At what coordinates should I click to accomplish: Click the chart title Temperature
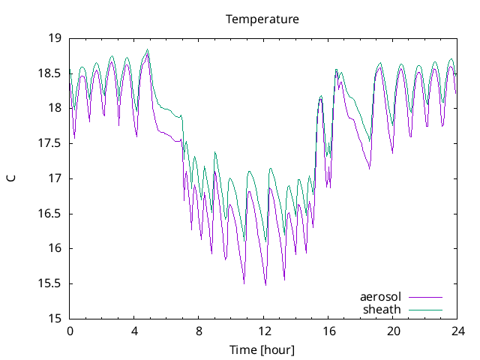click(262, 19)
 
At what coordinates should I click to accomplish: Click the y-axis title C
click(11, 178)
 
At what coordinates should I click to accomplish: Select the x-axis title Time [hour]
click(262, 349)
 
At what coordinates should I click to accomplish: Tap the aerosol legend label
click(381, 297)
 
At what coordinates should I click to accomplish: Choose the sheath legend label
click(382, 309)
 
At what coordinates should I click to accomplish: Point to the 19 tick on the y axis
click(55, 38)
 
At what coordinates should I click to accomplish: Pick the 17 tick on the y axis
click(55, 178)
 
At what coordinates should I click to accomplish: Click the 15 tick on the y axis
click(55, 319)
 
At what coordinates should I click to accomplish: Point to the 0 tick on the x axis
click(70, 331)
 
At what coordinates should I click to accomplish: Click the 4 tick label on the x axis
click(134, 331)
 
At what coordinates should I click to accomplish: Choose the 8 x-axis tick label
click(199, 331)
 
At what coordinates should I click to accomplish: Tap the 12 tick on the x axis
click(264, 331)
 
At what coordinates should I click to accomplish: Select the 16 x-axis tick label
click(328, 331)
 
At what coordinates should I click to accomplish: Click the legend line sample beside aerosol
click(425, 297)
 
